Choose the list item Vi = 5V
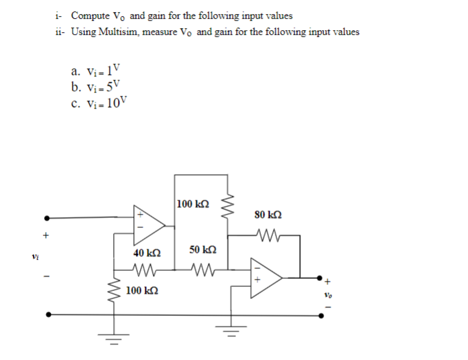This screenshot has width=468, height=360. [97, 86]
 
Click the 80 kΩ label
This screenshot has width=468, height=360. [268, 215]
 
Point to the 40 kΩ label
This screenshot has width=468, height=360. [146, 253]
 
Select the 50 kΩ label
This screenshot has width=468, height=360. [202, 249]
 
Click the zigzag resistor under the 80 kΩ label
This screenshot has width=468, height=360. [268, 235]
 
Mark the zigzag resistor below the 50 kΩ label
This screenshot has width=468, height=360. [202, 272]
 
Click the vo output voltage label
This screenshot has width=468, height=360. [327, 294]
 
